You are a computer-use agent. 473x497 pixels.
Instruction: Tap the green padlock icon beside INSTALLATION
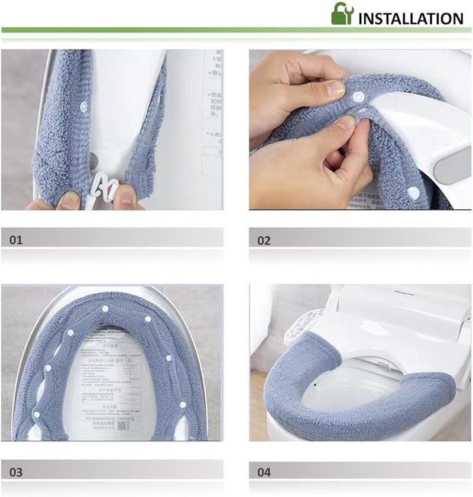tap(342, 14)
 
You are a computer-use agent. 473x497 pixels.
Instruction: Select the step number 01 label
tap(16, 241)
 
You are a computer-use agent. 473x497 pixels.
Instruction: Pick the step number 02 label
tap(264, 241)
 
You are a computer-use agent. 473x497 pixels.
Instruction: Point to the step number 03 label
tap(16, 473)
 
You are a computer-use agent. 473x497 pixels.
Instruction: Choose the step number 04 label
tap(264, 473)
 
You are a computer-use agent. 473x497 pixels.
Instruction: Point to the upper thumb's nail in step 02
tap(335, 89)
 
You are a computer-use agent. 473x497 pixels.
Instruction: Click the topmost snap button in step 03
tap(106, 309)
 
